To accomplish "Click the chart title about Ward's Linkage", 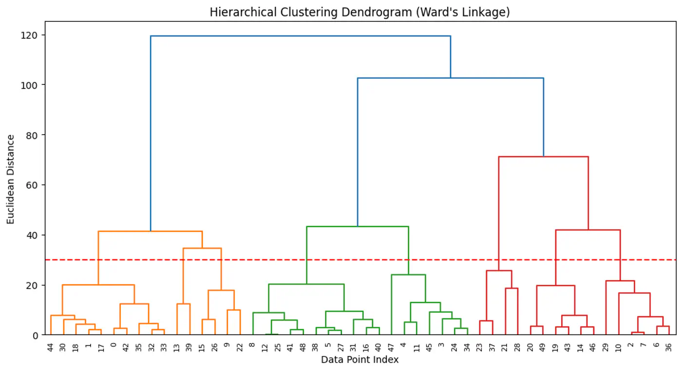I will [360, 12].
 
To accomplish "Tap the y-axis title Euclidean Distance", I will [11, 179].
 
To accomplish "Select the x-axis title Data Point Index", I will [360, 360].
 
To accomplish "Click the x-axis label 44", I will [51, 347].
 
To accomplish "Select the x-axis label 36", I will [669, 347].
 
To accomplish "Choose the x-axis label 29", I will [606, 347].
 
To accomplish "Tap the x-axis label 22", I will [240, 347].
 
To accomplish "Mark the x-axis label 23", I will [480, 347].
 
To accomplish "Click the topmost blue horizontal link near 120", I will [300, 36].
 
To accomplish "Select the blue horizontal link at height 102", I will [451, 78].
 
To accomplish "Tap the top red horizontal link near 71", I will [543, 157].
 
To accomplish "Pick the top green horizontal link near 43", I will [357, 226].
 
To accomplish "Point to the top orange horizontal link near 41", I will [150, 231].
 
